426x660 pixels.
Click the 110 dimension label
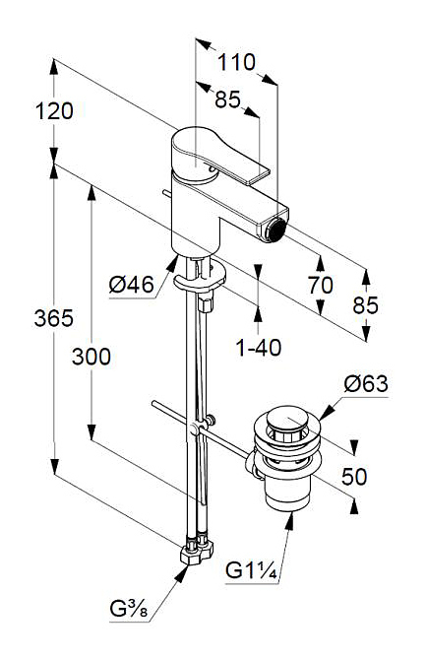236,62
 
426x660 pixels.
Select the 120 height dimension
54,111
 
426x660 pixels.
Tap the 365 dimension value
54,318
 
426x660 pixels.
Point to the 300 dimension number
91,357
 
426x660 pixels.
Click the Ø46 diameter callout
131,285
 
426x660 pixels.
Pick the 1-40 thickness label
259,348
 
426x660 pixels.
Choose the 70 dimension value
321,285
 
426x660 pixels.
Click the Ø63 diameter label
366,383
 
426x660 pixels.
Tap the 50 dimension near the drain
354,477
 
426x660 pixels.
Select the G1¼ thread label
251,570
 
